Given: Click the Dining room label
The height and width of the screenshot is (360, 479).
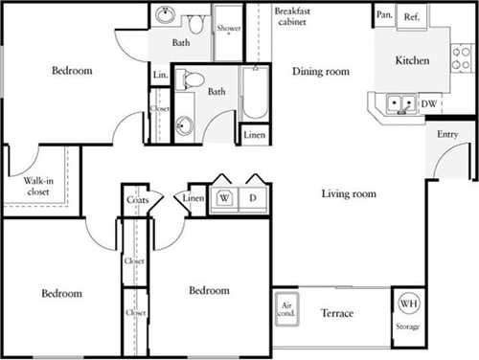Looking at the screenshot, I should (321, 72).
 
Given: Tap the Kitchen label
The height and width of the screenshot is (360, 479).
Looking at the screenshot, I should (412, 60).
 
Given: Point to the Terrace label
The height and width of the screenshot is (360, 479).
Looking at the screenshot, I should (337, 314).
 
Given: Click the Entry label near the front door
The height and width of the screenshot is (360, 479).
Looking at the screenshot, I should (447, 135).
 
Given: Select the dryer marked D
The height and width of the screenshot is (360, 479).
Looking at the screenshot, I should (255, 199).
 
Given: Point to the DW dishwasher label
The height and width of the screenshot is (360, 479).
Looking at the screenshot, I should (429, 102).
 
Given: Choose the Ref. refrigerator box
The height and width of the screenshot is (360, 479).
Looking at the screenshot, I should (412, 15).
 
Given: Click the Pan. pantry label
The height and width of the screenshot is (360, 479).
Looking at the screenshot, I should (384, 15).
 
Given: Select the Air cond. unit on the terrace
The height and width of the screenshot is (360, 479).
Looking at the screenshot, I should (287, 310).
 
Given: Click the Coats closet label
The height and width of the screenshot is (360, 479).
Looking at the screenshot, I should (137, 200).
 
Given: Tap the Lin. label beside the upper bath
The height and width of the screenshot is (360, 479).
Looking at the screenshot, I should (159, 75).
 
